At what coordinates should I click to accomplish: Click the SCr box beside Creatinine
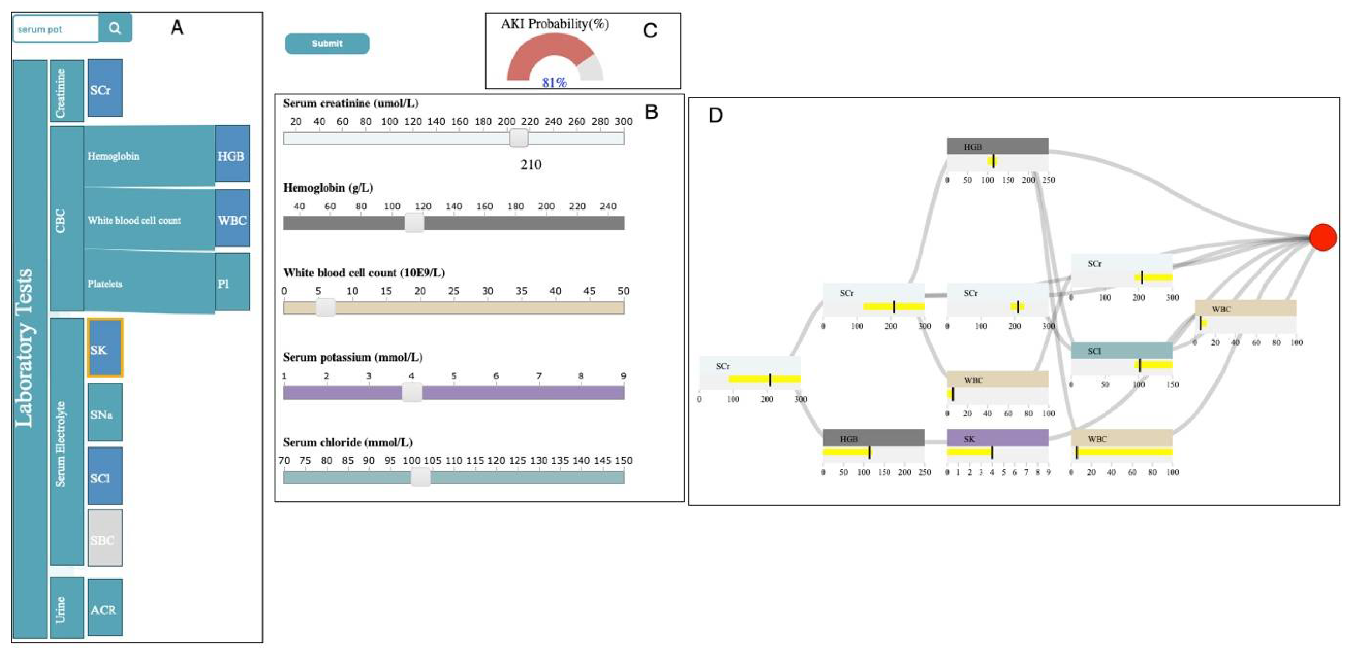click(x=105, y=88)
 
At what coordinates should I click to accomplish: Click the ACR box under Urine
click(x=105, y=607)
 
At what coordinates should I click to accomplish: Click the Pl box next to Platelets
click(x=232, y=282)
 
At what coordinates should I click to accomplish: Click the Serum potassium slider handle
click(x=412, y=392)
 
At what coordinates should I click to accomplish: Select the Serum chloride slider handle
click(x=420, y=477)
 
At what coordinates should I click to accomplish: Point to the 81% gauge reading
click(x=554, y=82)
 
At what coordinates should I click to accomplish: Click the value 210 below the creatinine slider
click(x=530, y=165)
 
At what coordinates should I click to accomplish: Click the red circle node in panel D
click(x=1322, y=237)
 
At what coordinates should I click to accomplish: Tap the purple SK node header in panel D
click(x=997, y=438)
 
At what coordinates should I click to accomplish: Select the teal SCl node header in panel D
click(x=1121, y=350)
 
